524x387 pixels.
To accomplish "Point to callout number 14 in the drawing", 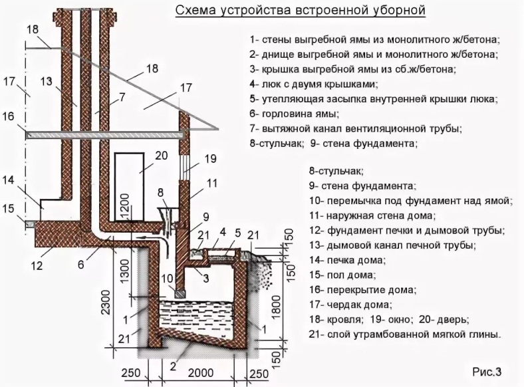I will (8, 180).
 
